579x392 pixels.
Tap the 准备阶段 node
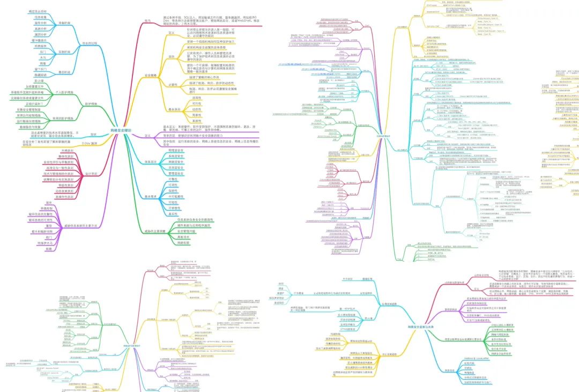pyautogui.click(x=65, y=23)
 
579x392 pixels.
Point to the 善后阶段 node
pyautogui.click(x=64, y=72)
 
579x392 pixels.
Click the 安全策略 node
pyautogui.click(x=151, y=76)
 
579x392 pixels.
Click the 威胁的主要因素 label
pyautogui.click(x=154, y=231)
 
